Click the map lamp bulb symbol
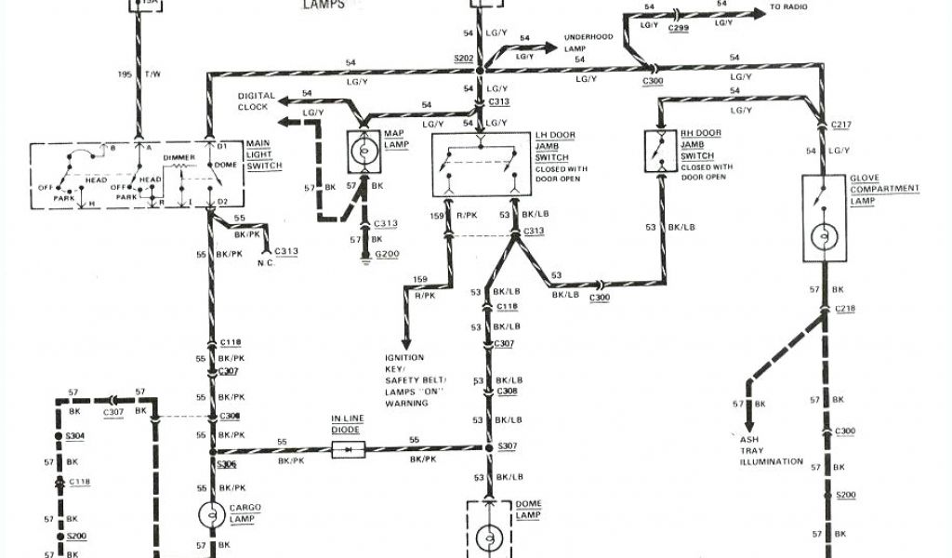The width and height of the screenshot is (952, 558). point(363,150)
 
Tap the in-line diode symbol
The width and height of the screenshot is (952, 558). point(348,449)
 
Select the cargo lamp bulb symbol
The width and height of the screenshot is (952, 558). point(209,514)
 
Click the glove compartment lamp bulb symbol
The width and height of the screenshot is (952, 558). point(824,235)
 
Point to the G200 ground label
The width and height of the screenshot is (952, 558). point(387,254)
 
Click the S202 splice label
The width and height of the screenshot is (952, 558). point(463,59)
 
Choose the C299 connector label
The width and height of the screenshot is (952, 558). point(678,29)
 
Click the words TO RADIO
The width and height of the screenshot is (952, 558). point(789,7)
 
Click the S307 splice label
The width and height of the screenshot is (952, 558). point(507,447)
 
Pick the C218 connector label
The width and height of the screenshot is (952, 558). point(845,308)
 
